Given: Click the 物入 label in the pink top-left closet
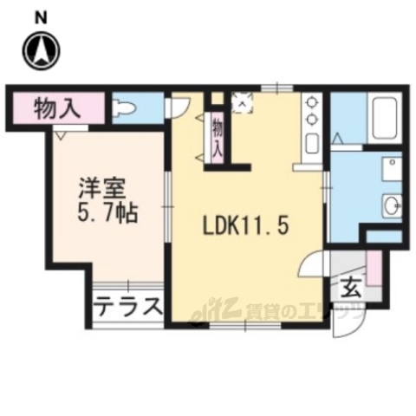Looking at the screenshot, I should (58, 108).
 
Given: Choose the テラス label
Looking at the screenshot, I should (128, 306).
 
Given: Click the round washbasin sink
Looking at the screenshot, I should (389, 205).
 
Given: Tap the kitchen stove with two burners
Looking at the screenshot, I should (309, 120).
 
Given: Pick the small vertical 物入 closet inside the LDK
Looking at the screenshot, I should (218, 136).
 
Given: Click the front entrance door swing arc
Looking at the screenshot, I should (348, 322).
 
